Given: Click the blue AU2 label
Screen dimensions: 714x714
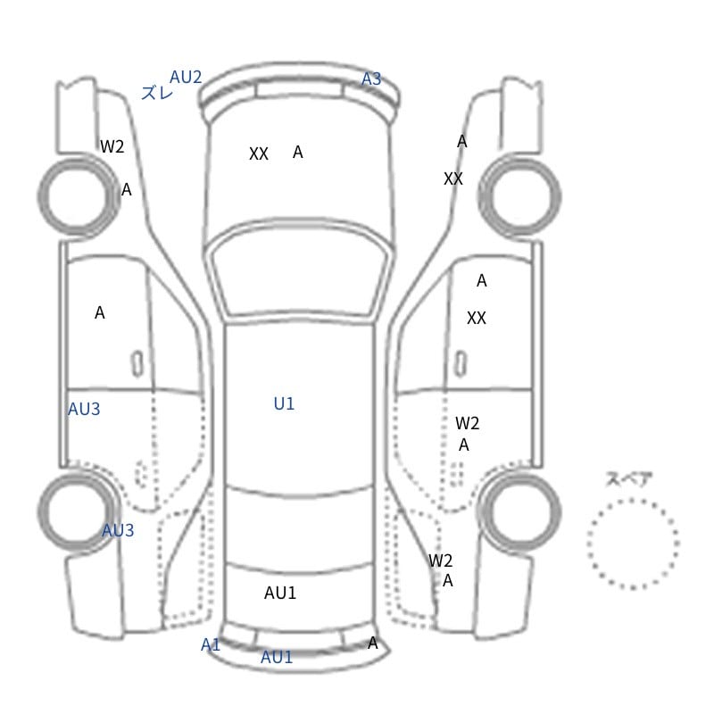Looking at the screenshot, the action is click(x=186, y=77).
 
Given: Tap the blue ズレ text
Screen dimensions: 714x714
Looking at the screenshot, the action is click(x=157, y=93).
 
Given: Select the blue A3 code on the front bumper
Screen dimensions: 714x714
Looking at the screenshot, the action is click(x=371, y=79).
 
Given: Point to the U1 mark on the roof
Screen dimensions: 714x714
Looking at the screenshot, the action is click(x=284, y=403).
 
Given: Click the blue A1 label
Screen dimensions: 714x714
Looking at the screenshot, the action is click(x=211, y=644).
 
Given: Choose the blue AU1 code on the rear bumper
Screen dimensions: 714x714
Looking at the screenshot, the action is click(x=277, y=657).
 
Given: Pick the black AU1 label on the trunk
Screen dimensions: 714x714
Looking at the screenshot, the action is click(x=280, y=593).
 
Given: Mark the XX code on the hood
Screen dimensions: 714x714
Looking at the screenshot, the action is click(x=259, y=154).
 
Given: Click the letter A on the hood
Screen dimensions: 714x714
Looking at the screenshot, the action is click(x=298, y=152).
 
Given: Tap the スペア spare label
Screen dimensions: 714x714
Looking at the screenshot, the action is click(x=623, y=479).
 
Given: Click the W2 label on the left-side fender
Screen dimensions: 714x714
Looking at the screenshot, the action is click(x=112, y=146).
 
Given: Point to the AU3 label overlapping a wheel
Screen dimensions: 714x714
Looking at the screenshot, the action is click(x=118, y=530).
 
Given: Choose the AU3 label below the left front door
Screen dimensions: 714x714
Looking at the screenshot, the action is click(x=84, y=409).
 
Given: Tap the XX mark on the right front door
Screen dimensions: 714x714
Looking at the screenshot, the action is click(x=477, y=318).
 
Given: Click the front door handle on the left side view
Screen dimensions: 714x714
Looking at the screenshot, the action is click(x=137, y=364).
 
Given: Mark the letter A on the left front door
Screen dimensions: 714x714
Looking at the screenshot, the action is click(x=100, y=313).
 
